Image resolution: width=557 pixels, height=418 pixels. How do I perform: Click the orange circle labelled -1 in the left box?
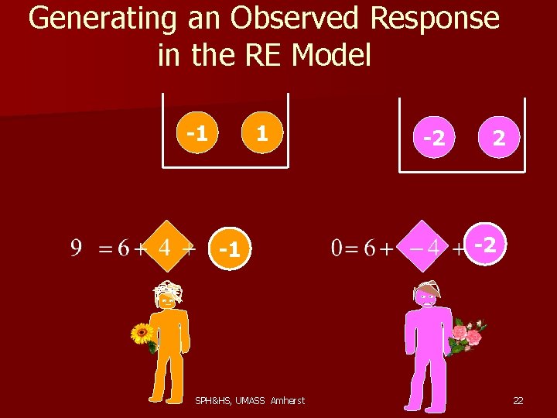click(196, 134)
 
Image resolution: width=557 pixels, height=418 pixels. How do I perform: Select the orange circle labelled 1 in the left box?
click(261, 134)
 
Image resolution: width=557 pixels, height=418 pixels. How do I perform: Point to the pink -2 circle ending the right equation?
click(485, 245)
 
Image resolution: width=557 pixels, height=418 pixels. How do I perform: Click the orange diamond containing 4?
click(164, 248)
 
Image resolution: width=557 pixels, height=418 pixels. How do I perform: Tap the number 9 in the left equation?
click(77, 248)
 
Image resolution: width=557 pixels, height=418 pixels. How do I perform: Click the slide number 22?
click(518, 400)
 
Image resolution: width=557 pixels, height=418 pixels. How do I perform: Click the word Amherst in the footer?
click(288, 400)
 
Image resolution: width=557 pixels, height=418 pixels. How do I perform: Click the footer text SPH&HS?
click(210, 400)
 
